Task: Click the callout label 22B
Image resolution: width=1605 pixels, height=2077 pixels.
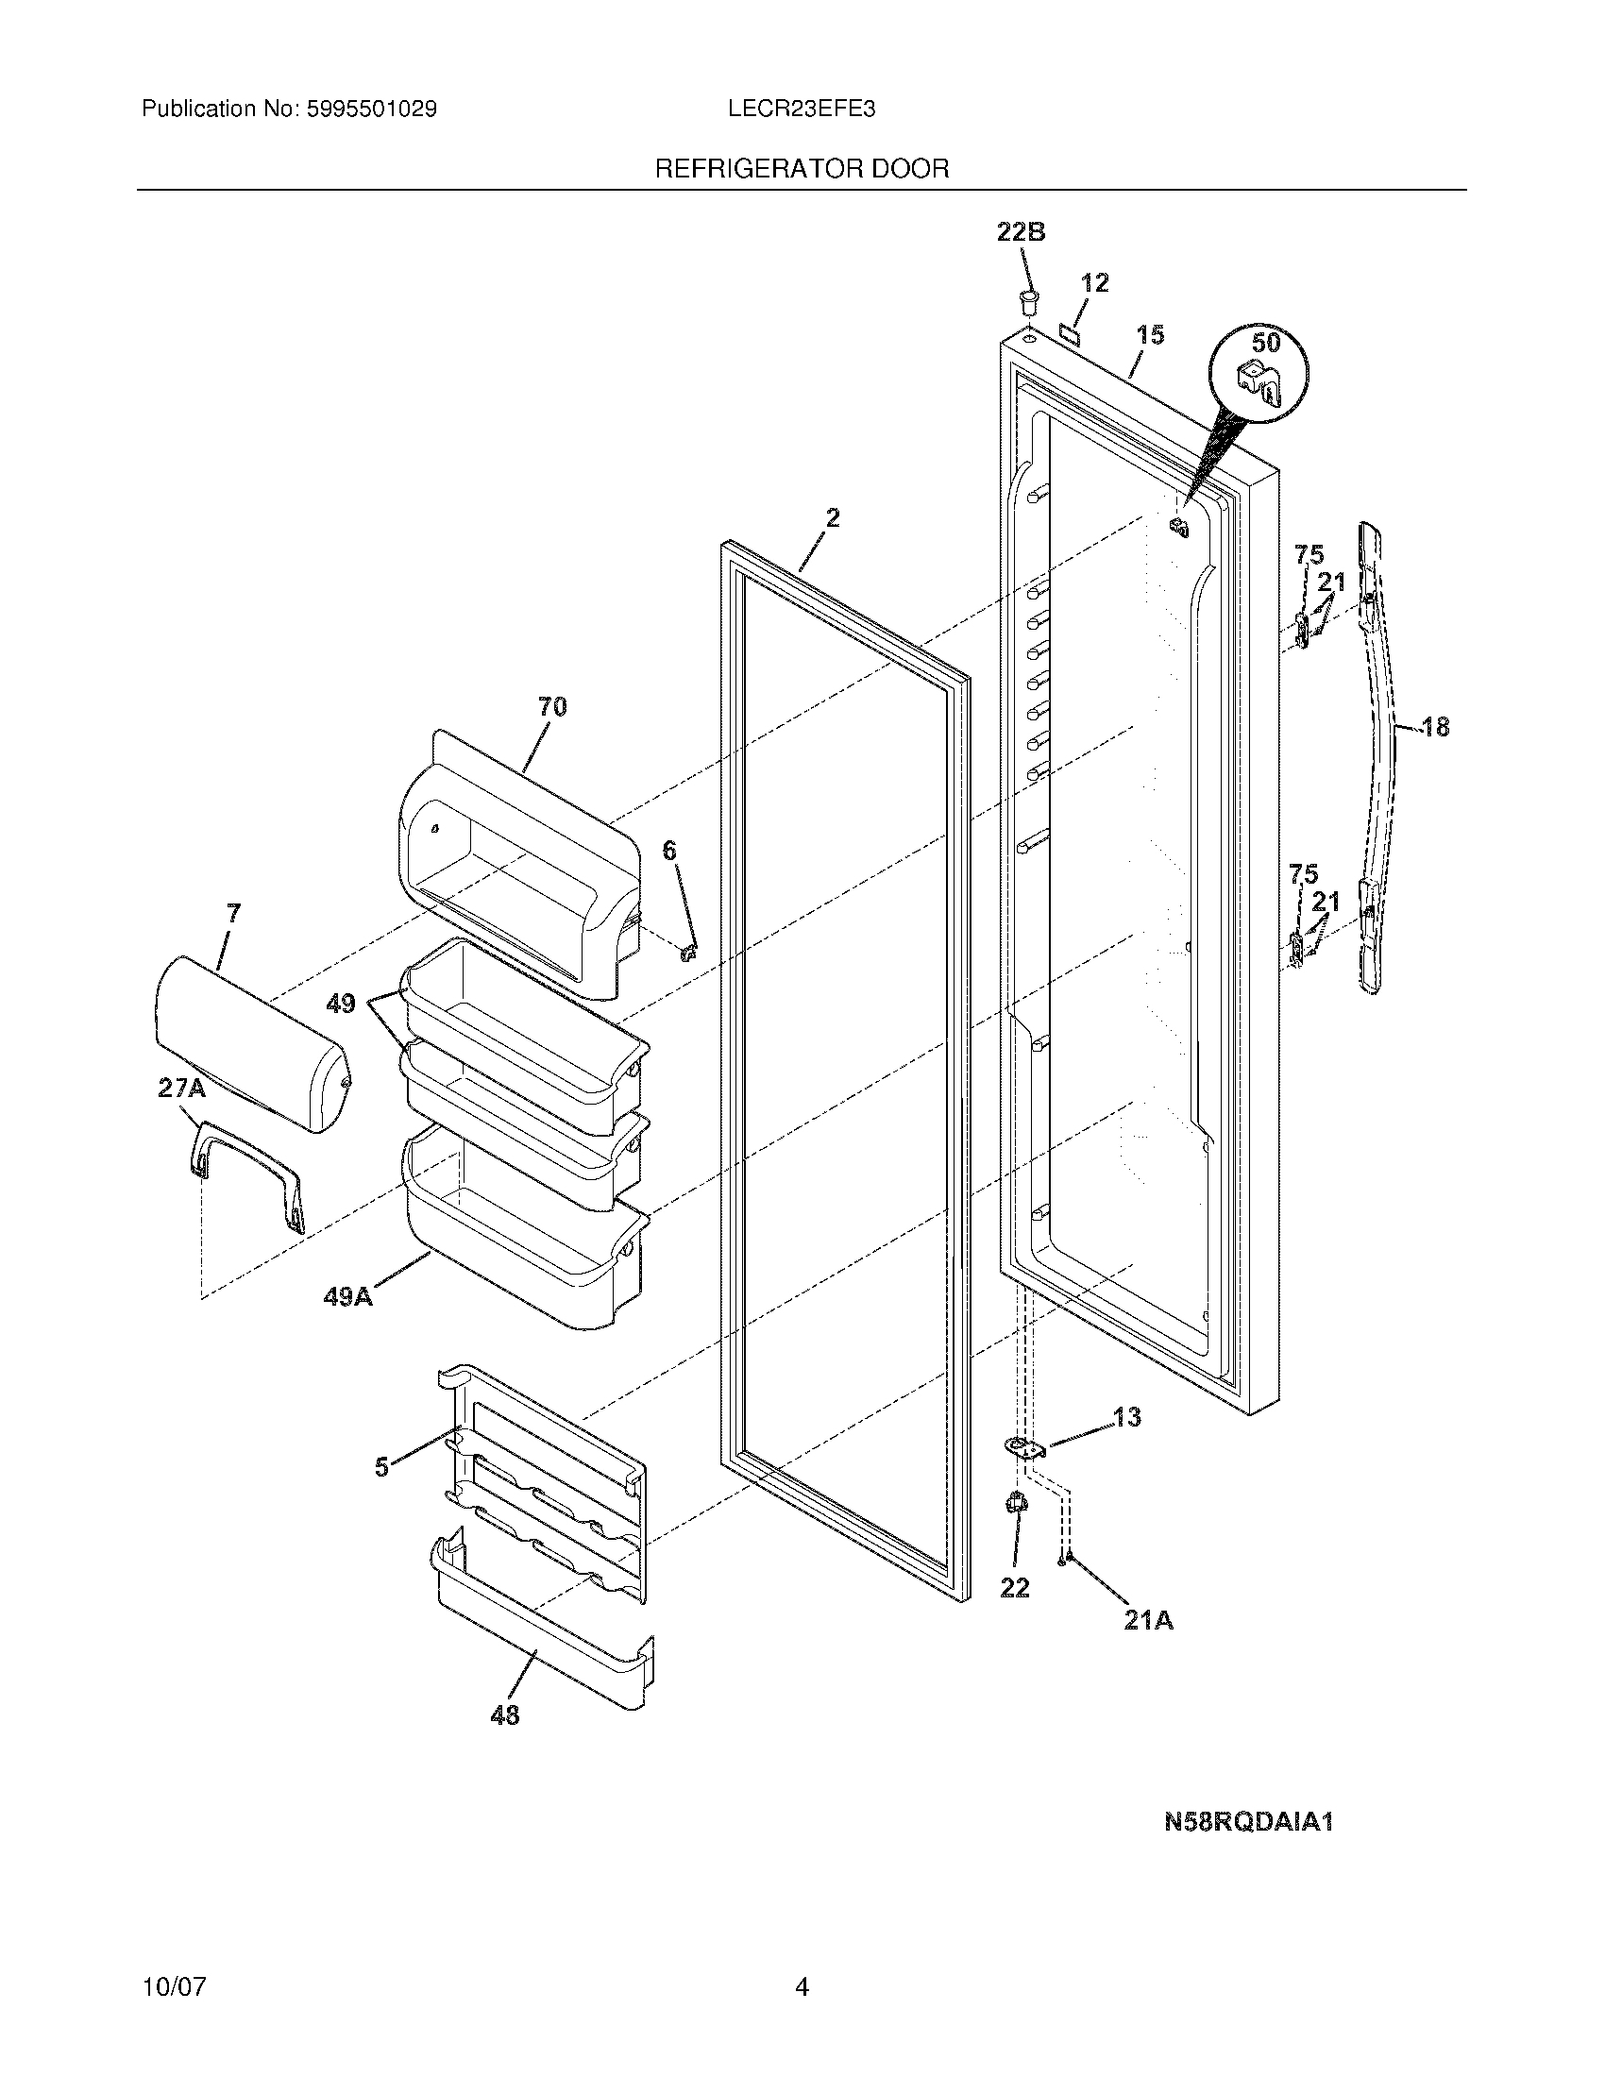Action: pos(1021,232)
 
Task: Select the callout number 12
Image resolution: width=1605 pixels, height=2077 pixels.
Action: pos(1095,282)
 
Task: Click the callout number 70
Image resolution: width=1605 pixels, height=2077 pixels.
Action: pos(552,706)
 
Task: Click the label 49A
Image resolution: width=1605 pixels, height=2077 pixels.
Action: pos(348,1295)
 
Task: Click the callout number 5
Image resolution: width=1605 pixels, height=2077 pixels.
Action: pos(381,1467)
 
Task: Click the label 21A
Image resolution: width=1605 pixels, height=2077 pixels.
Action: pos(1149,1620)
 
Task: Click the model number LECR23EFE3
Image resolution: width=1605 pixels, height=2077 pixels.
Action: pos(801,110)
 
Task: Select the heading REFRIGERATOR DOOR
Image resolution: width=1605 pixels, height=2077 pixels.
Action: pos(802,169)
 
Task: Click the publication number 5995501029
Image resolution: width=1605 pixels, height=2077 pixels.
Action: pos(371,110)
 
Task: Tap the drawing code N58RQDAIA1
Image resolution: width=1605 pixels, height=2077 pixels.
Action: pos(1249,1822)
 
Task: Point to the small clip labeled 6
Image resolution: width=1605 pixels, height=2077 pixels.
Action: pos(691,950)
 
